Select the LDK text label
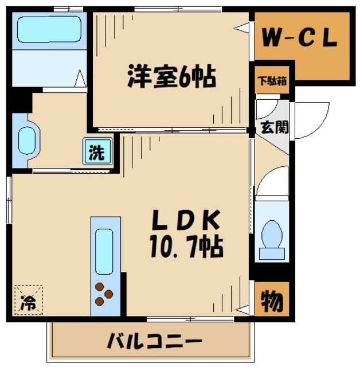coord(186,220)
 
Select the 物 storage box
coord(272,299)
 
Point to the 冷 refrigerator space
coord(28,301)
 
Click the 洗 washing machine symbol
coord(96,153)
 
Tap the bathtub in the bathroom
coord(48,28)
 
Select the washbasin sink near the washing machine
coord(27,139)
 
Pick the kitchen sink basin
coord(105,251)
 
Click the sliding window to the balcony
coord(189,318)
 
